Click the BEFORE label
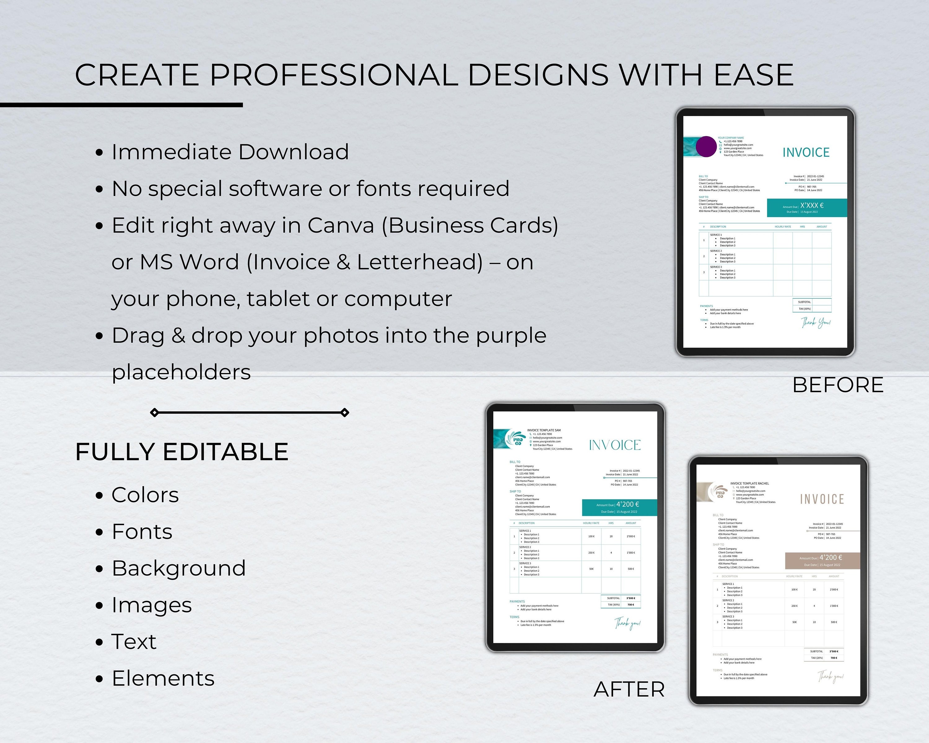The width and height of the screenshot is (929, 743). pyautogui.click(x=838, y=385)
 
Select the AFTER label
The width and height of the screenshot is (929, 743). pyautogui.click(x=629, y=689)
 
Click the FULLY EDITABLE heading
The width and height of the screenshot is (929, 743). pyautogui.click(x=182, y=452)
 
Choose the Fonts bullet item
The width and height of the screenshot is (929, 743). pyautogui.click(x=142, y=532)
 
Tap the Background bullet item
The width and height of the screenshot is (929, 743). pyautogui.click(x=179, y=568)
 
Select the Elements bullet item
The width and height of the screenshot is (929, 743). pyautogui.click(x=163, y=678)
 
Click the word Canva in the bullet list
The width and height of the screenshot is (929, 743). pyautogui.click(x=340, y=225)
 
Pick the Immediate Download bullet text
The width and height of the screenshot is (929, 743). pyautogui.click(x=230, y=152)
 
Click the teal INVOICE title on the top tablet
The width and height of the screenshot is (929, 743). pyautogui.click(x=806, y=153)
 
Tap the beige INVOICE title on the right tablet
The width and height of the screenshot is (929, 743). pyautogui.click(x=822, y=499)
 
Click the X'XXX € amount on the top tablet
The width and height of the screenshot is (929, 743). pyautogui.click(x=812, y=206)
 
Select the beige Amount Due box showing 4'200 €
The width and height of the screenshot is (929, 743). pyautogui.click(x=822, y=560)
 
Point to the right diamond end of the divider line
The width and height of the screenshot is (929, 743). pyautogui.click(x=345, y=413)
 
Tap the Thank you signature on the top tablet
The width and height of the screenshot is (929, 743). pyautogui.click(x=816, y=322)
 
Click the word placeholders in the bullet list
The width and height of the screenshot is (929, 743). pyautogui.click(x=181, y=372)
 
